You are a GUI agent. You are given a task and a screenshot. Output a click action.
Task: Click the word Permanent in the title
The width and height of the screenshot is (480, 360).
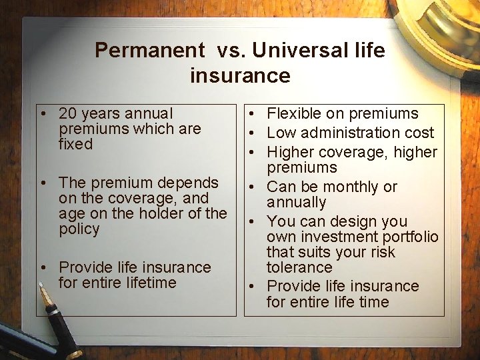point(149,50)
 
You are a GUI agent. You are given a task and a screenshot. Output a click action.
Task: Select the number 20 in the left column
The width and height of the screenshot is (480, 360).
point(69,114)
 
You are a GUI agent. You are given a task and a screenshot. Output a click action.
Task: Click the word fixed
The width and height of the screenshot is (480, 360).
point(75,144)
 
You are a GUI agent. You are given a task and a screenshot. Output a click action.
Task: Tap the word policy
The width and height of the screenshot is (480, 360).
point(79,229)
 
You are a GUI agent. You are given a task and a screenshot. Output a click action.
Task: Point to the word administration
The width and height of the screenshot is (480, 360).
point(351,133)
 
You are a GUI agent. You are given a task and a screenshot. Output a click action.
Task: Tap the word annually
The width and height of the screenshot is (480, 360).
point(296,203)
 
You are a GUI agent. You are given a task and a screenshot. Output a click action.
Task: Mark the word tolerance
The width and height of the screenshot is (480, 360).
point(299,267)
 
